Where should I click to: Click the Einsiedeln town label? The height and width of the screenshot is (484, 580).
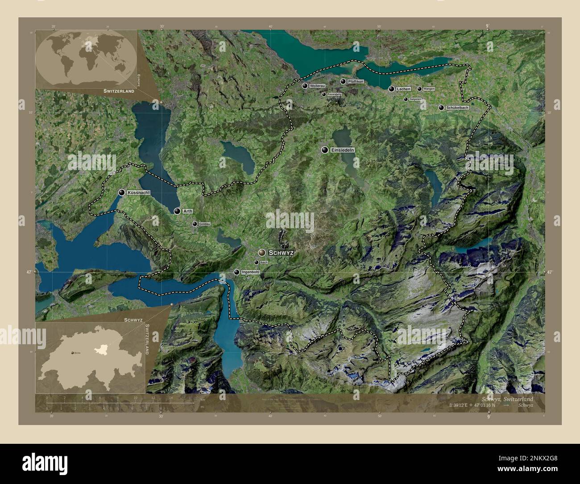343,150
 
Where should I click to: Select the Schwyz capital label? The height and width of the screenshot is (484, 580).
281,253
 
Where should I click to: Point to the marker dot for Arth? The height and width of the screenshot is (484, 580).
178,211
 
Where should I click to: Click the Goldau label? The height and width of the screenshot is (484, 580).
204,224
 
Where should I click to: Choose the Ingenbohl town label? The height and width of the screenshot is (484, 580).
250,272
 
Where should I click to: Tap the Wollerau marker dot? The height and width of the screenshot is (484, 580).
305,86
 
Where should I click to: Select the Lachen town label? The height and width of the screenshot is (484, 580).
403,89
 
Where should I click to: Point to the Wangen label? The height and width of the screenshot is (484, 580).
429,89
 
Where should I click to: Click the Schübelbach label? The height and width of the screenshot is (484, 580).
457,108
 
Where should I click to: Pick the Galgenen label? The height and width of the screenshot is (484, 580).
415,99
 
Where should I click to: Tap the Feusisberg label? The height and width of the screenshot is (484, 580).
334,95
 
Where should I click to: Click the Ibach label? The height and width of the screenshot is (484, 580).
263,263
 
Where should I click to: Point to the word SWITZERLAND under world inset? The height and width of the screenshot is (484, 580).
119,91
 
